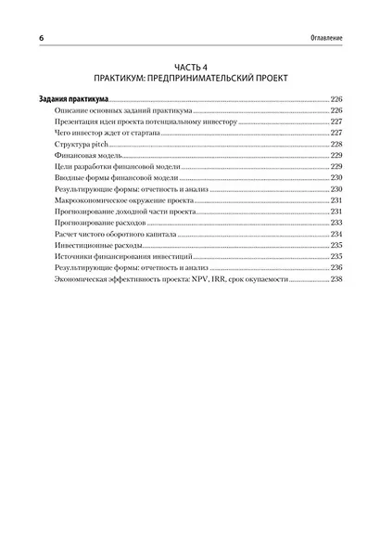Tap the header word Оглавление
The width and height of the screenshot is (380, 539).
323,37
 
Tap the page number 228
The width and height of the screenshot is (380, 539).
336,145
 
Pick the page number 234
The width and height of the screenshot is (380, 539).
336,234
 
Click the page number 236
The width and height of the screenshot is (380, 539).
336,267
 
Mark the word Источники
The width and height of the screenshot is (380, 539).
71,256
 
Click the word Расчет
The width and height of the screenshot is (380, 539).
66,234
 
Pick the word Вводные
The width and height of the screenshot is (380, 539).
70,178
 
